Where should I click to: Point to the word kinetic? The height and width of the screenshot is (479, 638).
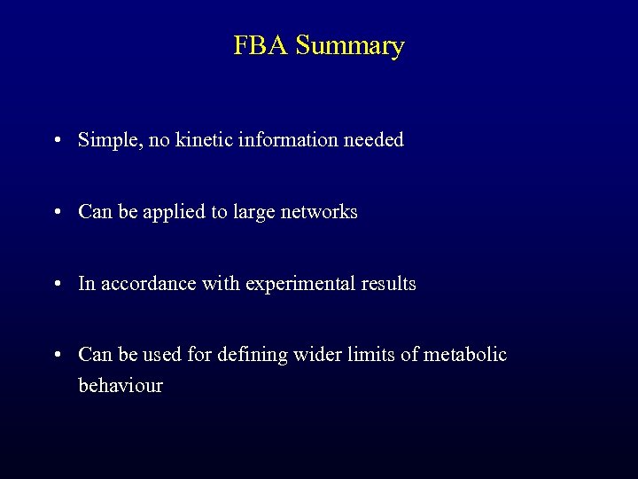tap(206, 140)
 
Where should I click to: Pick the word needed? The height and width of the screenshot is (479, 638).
tap(376, 140)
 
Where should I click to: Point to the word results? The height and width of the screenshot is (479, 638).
tap(387, 284)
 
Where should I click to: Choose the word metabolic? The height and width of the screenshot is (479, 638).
tap(465, 355)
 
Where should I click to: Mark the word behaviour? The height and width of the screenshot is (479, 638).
tap(121, 386)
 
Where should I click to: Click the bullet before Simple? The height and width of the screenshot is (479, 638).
tap(57, 140)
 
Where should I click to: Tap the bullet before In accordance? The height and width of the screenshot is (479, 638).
tap(57, 284)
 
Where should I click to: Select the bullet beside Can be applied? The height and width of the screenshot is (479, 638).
tap(57, 212)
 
